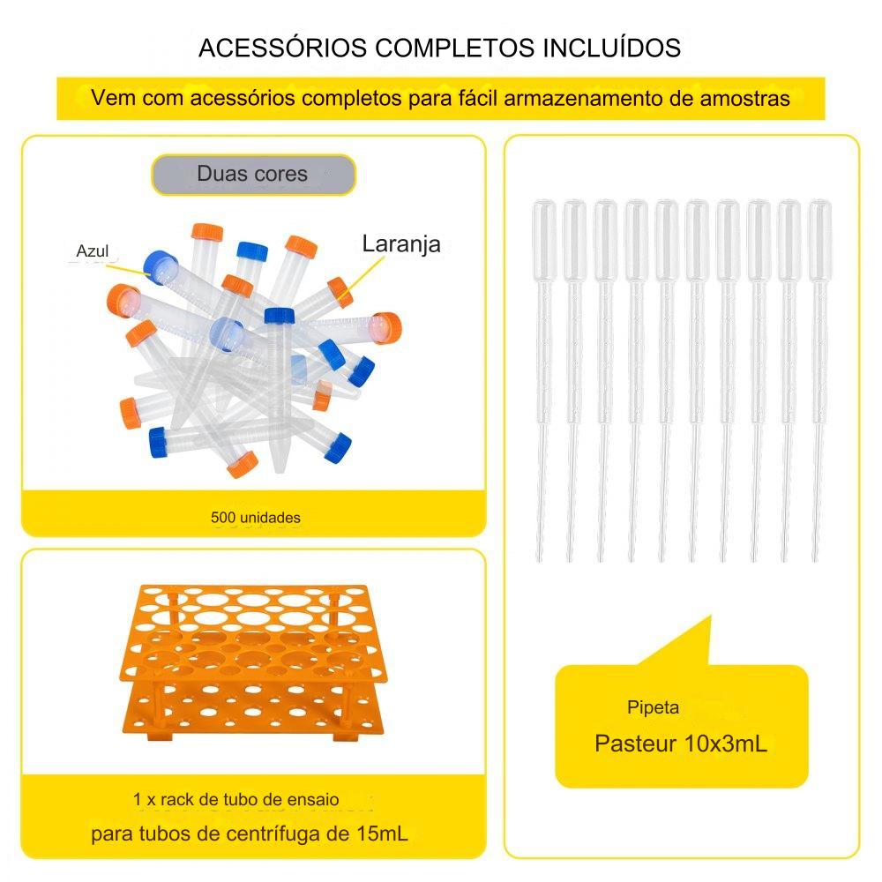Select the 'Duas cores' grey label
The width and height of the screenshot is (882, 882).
click(253, 174)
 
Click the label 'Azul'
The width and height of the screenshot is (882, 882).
click(93, 251)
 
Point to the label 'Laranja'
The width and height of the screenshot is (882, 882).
click(401, 244)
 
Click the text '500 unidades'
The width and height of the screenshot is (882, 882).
click(256, 518)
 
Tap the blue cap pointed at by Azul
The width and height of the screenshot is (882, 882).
click(161, 265)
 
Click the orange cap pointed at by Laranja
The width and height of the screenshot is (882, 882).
click(340, 292)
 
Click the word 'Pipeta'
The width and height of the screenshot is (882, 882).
click(653, 707)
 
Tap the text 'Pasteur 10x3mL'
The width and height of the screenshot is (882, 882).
click(681, 744)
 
